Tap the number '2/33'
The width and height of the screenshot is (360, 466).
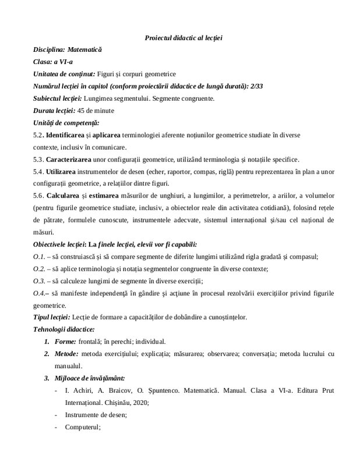pos(255,86)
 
